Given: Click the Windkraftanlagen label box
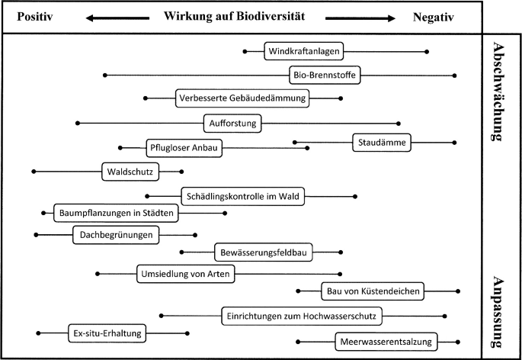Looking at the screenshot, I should click(x=303, y=52).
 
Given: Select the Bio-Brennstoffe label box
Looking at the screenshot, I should click(x=325, y=75).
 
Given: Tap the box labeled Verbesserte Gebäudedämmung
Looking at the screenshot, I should click(x=242, y=98).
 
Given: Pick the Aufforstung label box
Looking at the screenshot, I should click(x=233, y=122).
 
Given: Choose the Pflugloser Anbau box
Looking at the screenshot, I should click(x=183, y=148).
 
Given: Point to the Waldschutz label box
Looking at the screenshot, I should click(x=130, y=172).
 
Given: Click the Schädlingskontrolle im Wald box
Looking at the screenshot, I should click(x=242, y=197).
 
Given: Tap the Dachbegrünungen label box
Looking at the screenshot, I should click(x=117, y=236).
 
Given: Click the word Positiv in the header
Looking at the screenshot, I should click(x=34, y=18).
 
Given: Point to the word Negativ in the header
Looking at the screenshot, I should click(x=433, y=18).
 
